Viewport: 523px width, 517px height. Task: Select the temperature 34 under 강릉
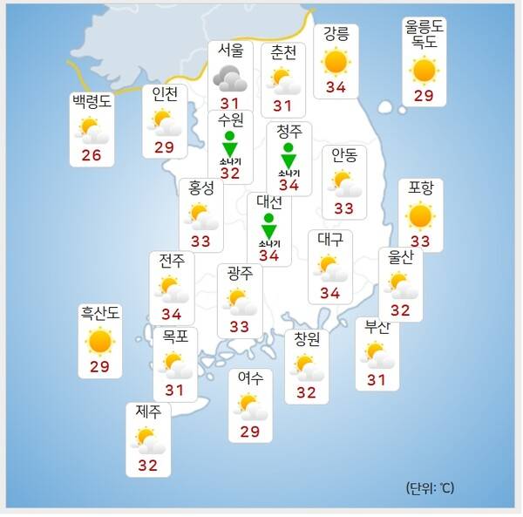(336, 87)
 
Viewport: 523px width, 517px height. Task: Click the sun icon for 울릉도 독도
(424, 70)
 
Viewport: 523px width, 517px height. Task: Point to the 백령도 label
(92, 101)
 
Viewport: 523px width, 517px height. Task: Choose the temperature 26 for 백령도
(92, 156)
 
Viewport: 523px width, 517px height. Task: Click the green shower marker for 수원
(229, 146)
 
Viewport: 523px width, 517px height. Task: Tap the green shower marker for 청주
(289, 157)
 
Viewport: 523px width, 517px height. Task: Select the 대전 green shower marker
(268, 226)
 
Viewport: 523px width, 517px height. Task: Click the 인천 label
(165, 92)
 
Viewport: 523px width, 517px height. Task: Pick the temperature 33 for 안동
(344, 209)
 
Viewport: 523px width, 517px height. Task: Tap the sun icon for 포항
(420, 215)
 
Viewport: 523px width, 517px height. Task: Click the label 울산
(400, 257)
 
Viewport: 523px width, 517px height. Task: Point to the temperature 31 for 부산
(377, 379)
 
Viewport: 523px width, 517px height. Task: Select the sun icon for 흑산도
(100, 341)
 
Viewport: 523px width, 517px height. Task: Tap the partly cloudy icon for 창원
(306, 366)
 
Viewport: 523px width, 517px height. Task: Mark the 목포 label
(174, 337)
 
